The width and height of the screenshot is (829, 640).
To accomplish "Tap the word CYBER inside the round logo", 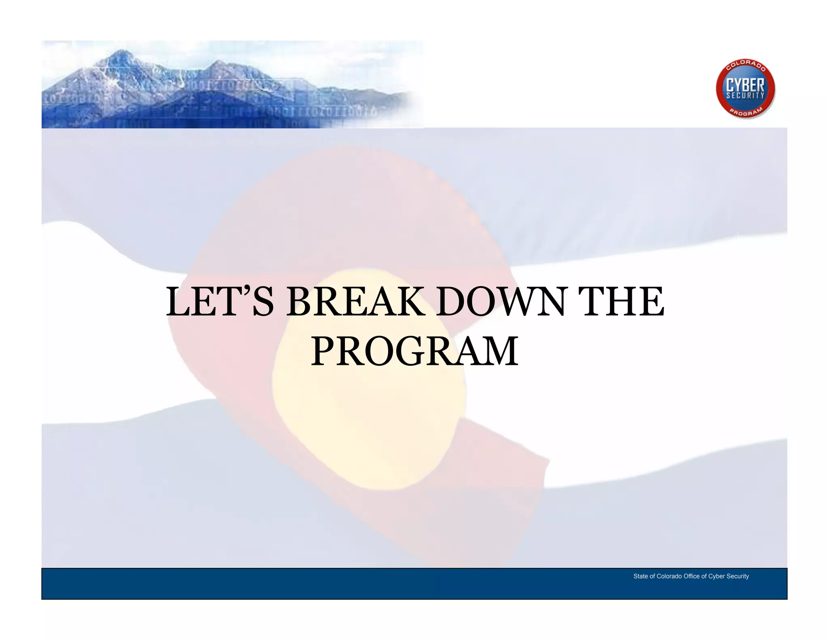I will pyautogui.click(x=745, y=86).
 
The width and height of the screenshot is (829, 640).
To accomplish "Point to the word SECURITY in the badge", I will pyautogui.click(x=745, y=96).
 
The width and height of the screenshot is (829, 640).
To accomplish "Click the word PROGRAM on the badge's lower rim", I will pyautogui.click(x=746, y=113).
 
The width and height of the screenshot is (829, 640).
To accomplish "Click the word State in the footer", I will pyautogui.click(x=640, y=576).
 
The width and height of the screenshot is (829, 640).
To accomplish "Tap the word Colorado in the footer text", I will pyautogui.click(x=669, y=576).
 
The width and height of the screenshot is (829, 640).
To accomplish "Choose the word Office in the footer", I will pyautogui.click(x=692, y=576).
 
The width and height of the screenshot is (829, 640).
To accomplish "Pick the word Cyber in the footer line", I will pyautogui.click(x=716, y=576).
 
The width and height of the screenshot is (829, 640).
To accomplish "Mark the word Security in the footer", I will pyautogui.click(x=738, y=576).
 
